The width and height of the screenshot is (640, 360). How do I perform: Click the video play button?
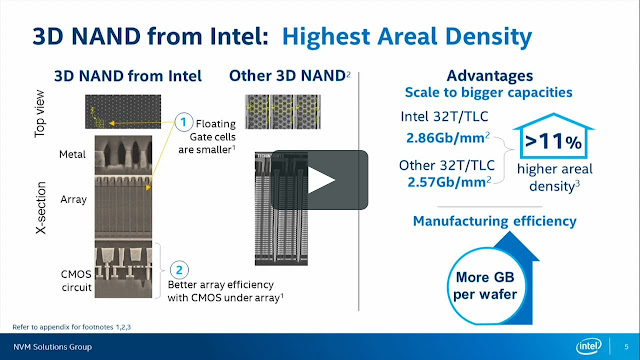[x=319, y=180]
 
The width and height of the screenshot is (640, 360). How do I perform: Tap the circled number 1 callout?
[x=183, y=121]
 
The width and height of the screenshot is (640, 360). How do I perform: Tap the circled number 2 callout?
[x=177, y=268]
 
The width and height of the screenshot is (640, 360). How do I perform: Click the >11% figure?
[x=552, y=141]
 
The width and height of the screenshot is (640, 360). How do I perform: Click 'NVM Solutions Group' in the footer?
[x=48, y=346]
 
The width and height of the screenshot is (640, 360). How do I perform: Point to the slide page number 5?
[x=624, y=346]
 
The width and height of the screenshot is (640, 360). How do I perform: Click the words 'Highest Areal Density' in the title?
[x=406, y=38]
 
